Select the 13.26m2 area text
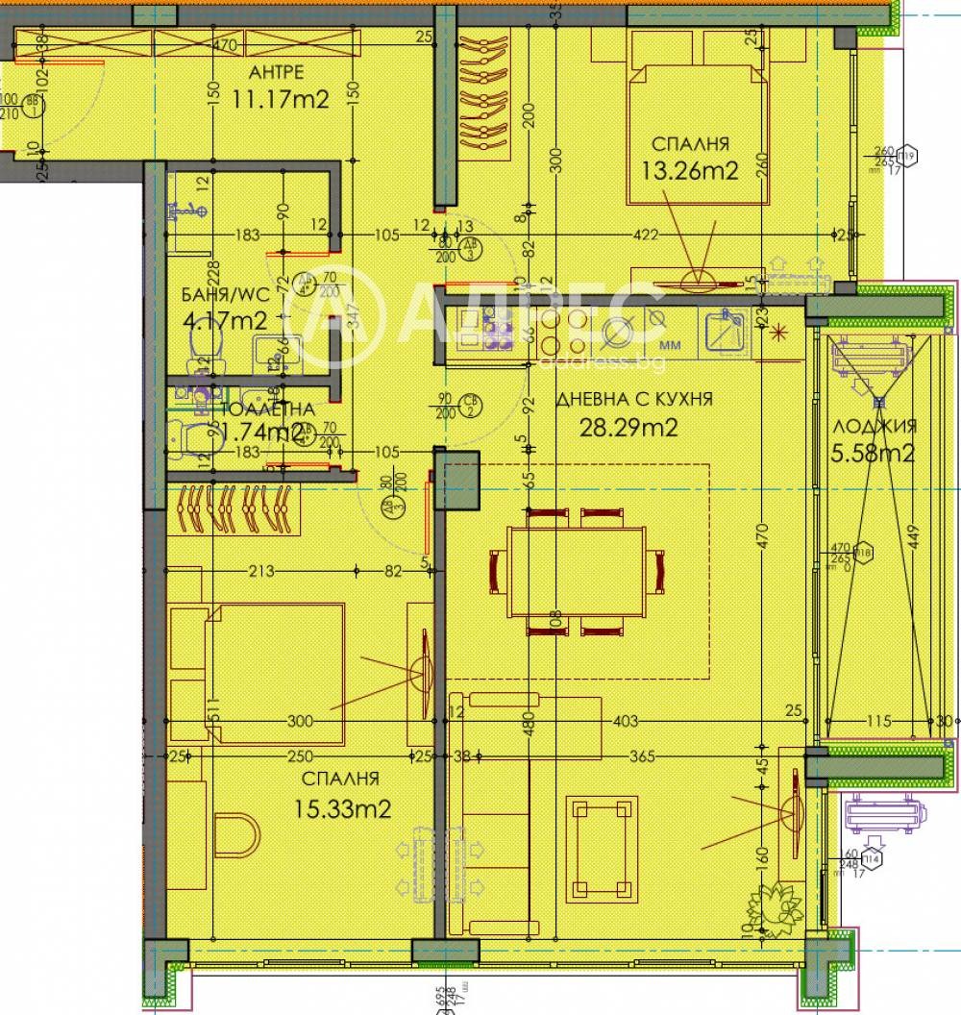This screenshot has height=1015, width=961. pos(689,170)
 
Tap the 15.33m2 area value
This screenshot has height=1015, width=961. pos(344,809)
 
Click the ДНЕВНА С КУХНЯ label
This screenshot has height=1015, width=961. pos(632,398)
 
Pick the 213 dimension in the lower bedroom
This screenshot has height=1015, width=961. pos(260,571)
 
